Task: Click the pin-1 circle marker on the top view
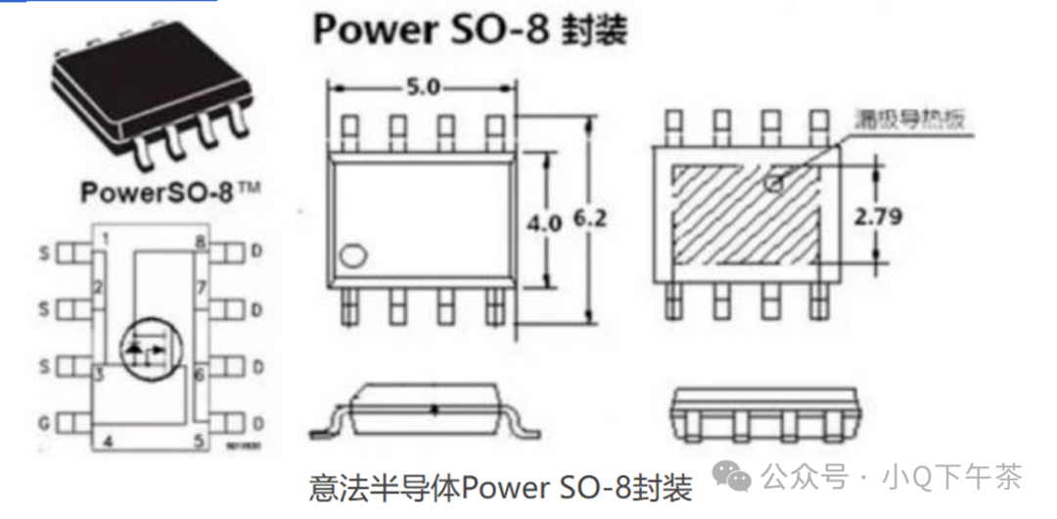coord(350,259)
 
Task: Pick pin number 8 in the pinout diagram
coord(200,242)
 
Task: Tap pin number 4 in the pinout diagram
coord(108,442)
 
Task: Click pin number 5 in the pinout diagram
coord(199,442)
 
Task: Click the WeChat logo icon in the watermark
coord(732,477)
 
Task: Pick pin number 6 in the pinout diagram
coord(199,374)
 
